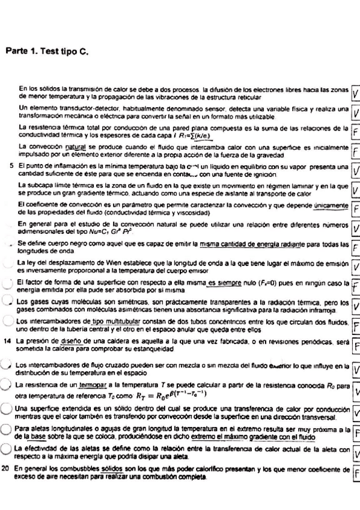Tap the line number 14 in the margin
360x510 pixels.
point(7,341)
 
